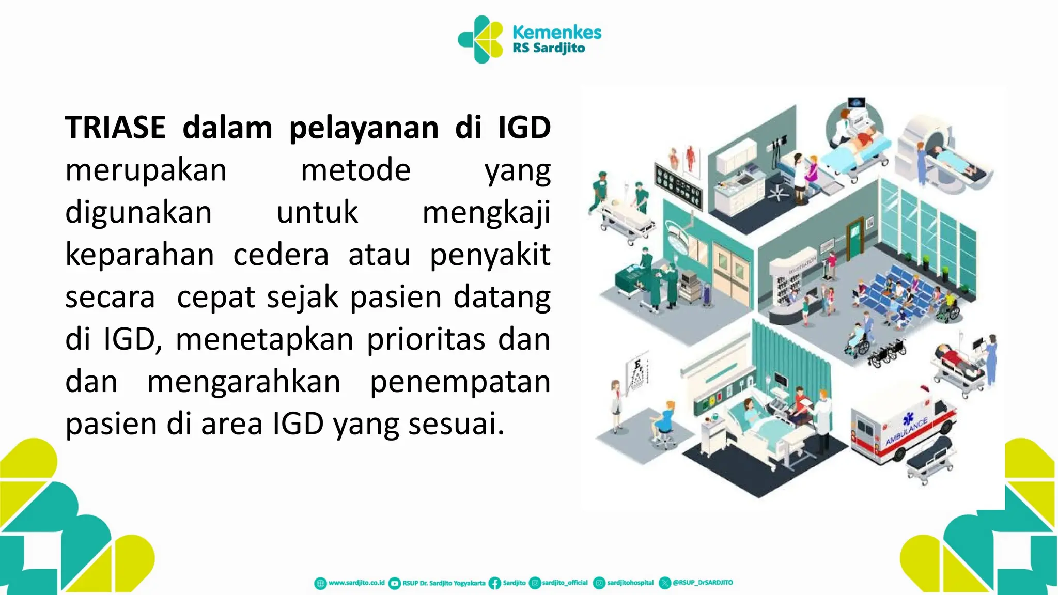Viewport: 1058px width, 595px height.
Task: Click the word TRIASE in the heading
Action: (115, 127)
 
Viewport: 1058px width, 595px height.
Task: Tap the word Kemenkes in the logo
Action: (556, 32)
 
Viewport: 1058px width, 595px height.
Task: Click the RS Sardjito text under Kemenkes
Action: (549, 49)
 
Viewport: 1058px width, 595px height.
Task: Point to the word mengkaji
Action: (486, 213)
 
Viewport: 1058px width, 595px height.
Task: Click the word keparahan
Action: (139, 255)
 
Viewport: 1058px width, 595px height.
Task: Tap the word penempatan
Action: (460, 382)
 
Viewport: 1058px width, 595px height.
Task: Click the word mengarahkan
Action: (244, 382)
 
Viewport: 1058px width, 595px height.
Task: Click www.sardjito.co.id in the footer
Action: (356, 583)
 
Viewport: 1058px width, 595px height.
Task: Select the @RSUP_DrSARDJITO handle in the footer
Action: (702, 583)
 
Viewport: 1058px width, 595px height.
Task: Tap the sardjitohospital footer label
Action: (630, 583)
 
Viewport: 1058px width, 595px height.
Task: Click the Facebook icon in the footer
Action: (494, 583)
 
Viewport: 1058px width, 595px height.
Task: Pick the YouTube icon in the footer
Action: (394, 583)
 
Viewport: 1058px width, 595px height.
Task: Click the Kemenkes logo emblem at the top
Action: (481, 39)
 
